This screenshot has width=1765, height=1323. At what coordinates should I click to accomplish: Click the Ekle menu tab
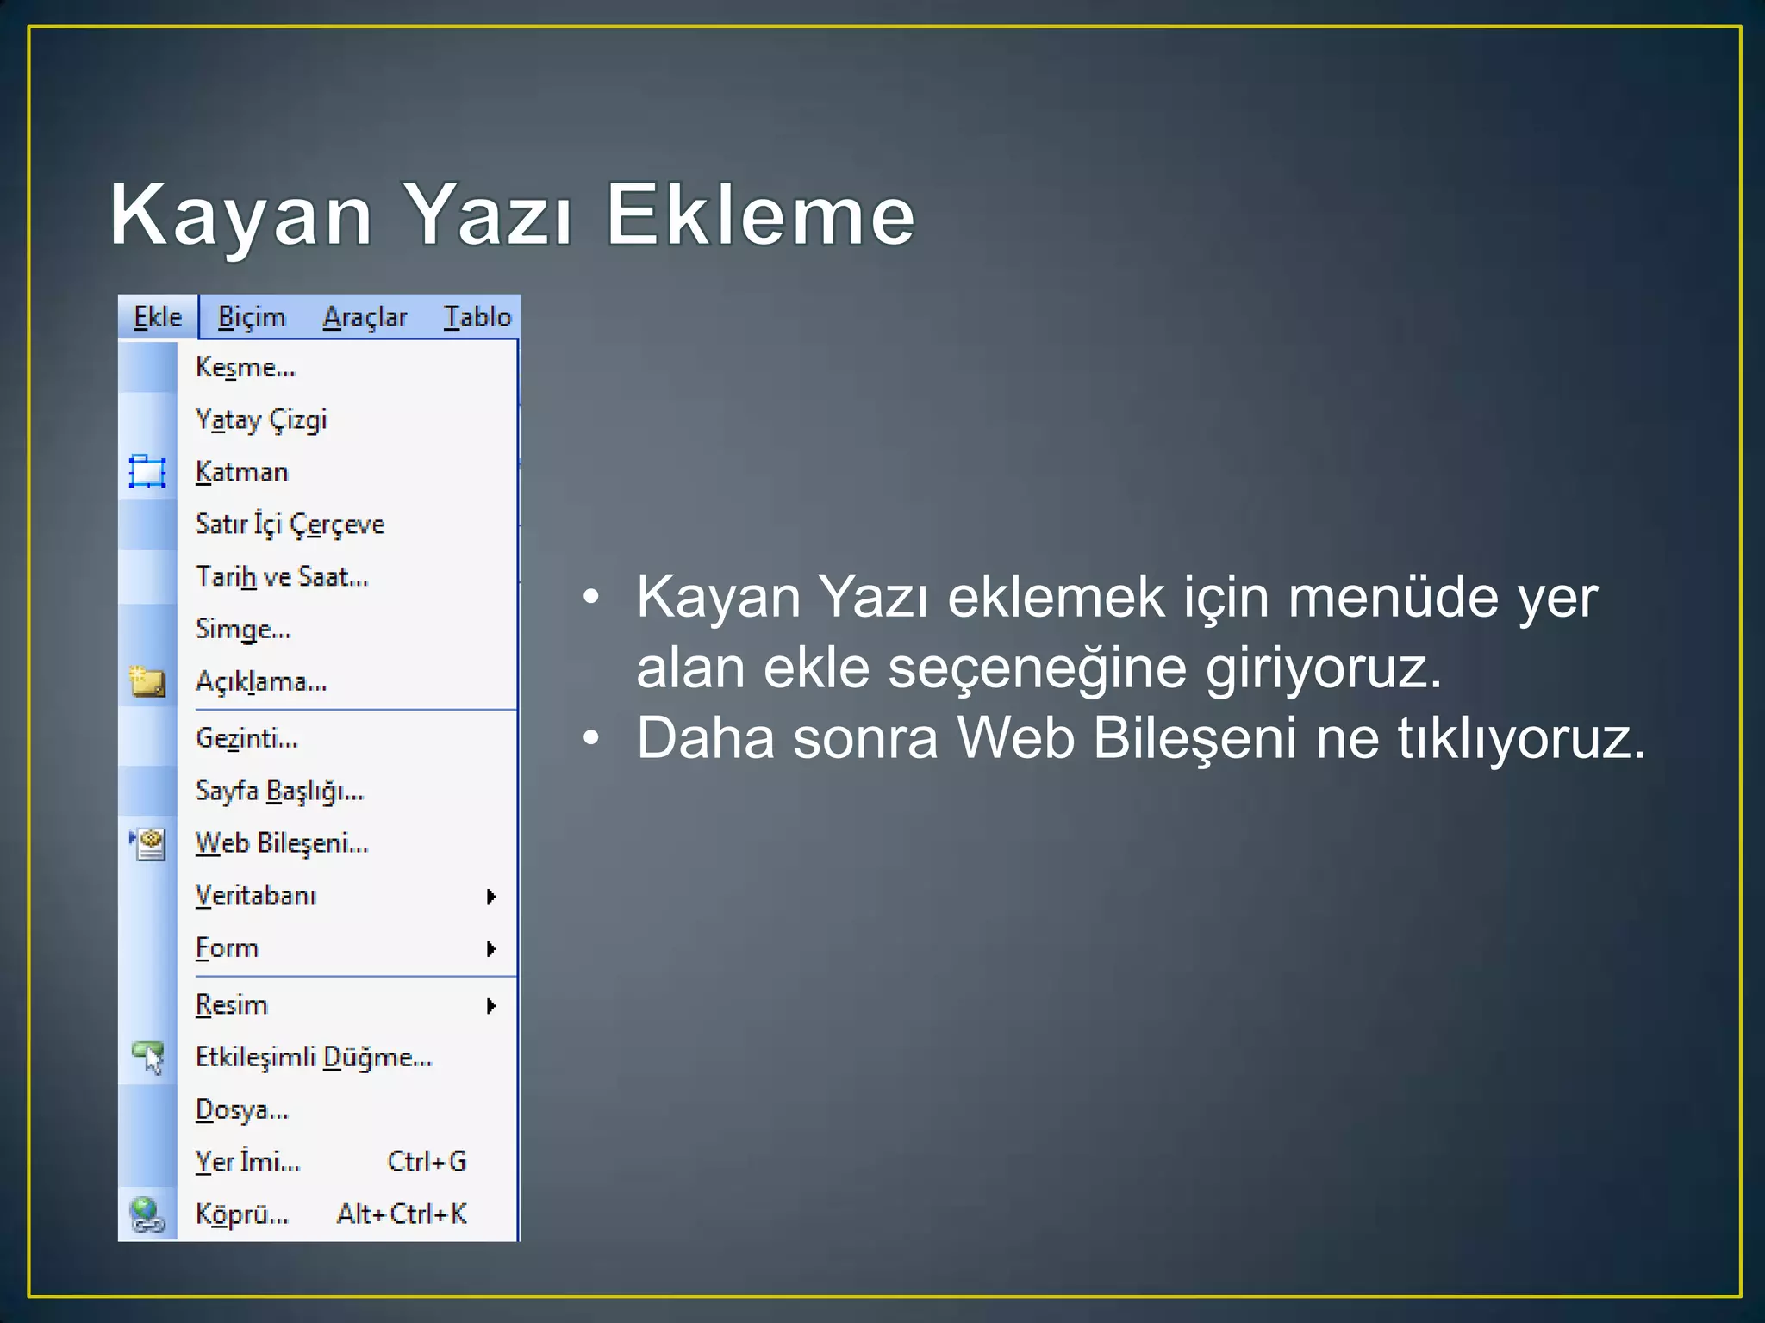(x=158, y=317)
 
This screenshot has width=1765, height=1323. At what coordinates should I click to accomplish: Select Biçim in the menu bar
(x=251, y=317)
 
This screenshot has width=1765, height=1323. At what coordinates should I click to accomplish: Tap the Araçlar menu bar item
(x=365, y=317)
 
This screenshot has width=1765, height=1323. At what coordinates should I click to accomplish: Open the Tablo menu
(x=477, y=317)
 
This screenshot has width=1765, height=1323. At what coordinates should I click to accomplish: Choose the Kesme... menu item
(x=246, y=368)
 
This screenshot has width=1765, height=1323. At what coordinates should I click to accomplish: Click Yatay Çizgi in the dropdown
(x=261, y=420)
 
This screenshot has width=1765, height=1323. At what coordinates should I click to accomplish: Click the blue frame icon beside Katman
(x=147, y=472)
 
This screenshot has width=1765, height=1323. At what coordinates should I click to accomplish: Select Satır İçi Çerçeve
(x=290, y=525)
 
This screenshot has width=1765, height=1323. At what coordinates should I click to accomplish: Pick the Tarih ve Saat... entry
(x=282, y=577)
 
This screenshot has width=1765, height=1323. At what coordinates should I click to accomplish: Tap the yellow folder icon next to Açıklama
(x=147, y=682)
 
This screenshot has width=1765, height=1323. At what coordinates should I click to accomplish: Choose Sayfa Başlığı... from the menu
(x=279, y=791)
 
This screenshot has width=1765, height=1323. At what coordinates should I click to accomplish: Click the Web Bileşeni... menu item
(x=282, y=843)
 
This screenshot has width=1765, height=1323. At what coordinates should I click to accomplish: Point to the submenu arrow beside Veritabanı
(x=491, y=897)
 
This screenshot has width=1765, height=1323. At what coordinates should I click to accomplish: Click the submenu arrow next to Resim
(x=491, y=1006)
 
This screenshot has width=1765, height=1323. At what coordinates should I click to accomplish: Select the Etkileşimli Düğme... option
(x=314, y=1058)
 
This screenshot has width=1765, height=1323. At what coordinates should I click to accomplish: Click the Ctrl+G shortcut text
(x=427, y=1162)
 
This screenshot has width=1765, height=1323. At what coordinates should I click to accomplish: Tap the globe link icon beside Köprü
(x=147, y=1214)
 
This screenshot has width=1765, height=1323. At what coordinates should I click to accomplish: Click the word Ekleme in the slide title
(x=760, y=215)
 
